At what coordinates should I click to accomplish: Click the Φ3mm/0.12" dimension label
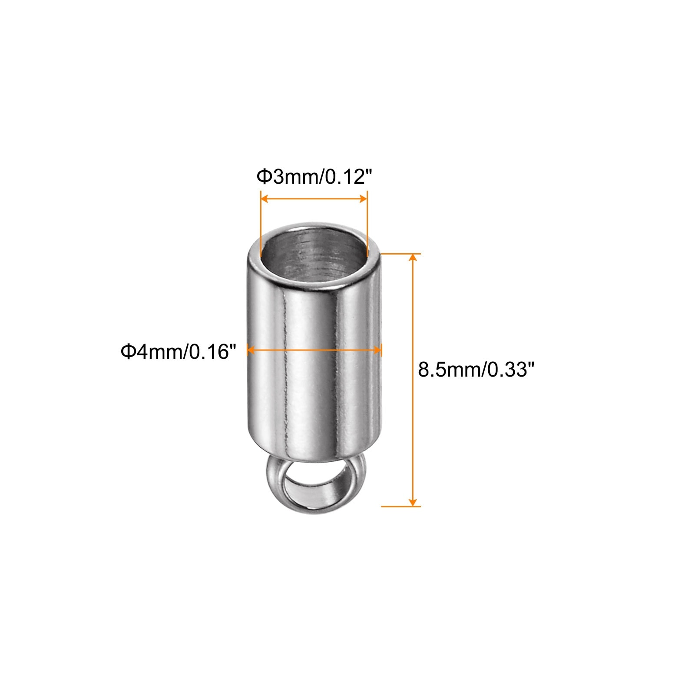(314, 177)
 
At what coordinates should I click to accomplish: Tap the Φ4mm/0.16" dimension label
(179, 351)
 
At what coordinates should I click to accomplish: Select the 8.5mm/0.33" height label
(476, 370)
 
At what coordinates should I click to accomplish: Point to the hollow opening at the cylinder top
(314, 253)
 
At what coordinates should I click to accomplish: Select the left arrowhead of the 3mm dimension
(264, 199)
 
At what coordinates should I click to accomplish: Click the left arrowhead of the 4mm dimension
(252, 350)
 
